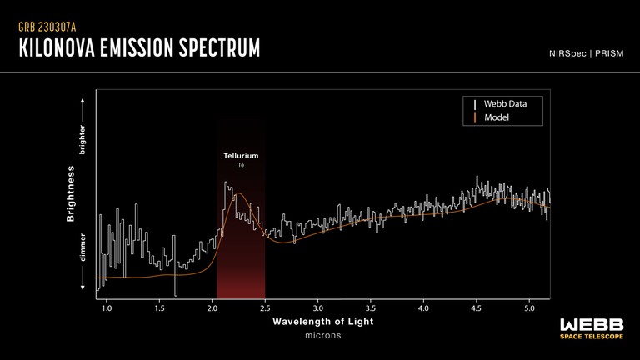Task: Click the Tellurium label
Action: (241, 156)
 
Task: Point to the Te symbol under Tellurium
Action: (241, 166)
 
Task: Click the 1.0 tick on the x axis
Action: (107, 308)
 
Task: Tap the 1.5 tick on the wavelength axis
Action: (159, 308)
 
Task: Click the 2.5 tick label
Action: (265, 308)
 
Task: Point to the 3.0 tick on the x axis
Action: (317, 308)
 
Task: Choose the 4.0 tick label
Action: (423, 308)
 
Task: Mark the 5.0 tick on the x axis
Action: (529, 308)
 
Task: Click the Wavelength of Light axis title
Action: (323, 322)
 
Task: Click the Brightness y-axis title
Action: (71, 192)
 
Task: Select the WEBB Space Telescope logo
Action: (592, 327)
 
